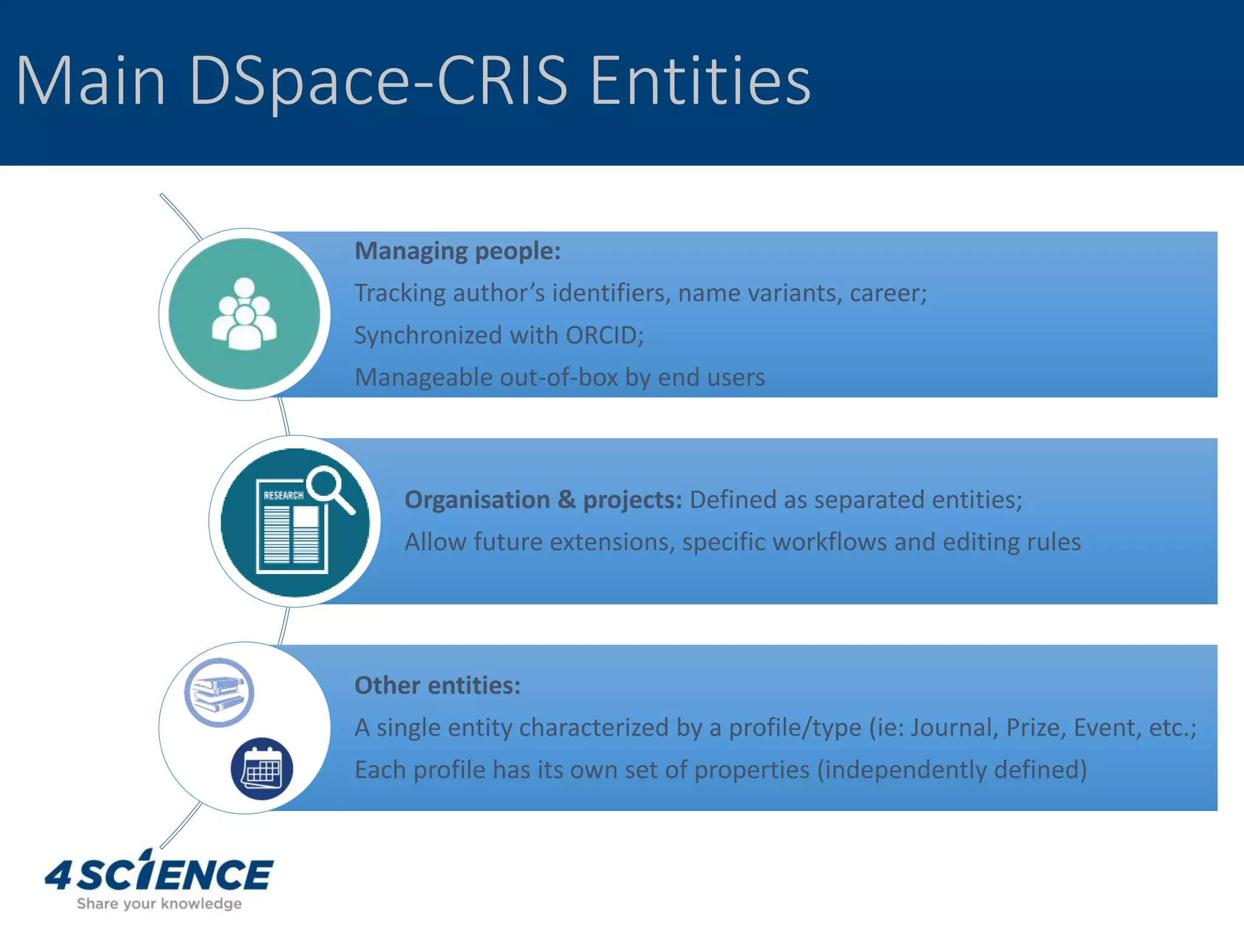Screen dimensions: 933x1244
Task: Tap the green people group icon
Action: click(244, 314)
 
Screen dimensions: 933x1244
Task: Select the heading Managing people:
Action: click(457, 251)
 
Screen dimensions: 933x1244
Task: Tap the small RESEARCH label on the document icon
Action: click(283, 496)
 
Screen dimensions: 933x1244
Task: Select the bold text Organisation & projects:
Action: click(543, 500)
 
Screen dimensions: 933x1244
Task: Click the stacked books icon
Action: click(219, 692)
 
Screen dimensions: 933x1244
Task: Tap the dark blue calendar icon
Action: click(262, 769)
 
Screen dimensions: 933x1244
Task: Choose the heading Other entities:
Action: click(437, 685)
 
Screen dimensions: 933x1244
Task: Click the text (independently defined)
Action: click(951, 770)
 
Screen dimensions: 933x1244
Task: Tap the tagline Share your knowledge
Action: click(159, 904)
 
